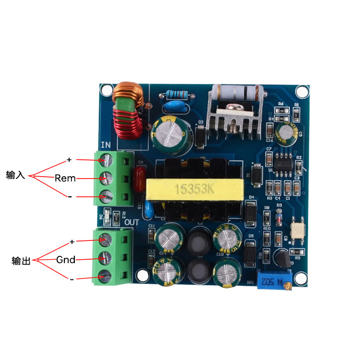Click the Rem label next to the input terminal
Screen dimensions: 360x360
pos(65,178)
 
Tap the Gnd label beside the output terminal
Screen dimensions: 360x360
pos(66,260)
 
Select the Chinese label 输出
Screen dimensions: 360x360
pos(21,261)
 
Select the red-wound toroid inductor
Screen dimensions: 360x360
pos(126,123)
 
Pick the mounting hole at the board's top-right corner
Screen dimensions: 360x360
pos(301,91)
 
